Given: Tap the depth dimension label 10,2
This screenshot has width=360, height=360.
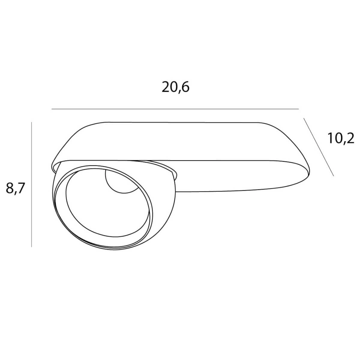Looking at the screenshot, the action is (341, 139).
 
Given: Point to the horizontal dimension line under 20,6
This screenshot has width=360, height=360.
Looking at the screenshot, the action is (175, 109).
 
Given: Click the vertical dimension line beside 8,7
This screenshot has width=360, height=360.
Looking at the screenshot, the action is (31, 184).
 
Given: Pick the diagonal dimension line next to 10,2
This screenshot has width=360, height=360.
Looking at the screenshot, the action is (319, 147).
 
